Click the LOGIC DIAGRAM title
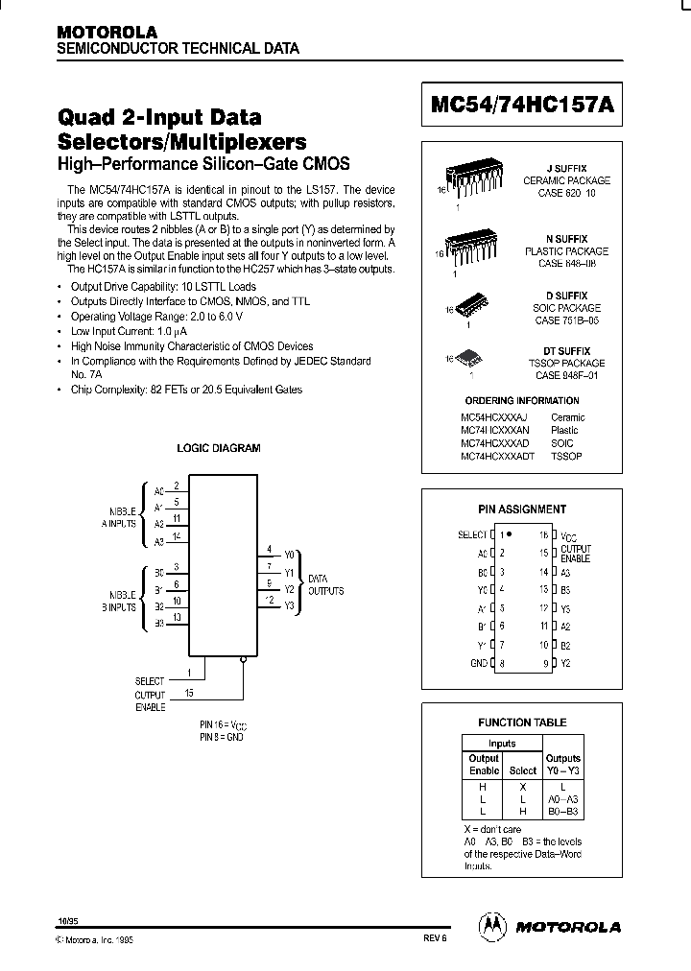point(218,448)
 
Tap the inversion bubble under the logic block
point(245,658)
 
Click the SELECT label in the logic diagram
point(150,681)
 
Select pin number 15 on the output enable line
point(188,692)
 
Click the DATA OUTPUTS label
point(325,585)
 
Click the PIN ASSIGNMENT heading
point(522,509)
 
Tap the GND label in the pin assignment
point(477,663)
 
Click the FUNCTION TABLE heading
point(522,722)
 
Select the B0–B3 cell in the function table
point(563,812)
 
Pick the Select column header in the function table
point(522,770)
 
